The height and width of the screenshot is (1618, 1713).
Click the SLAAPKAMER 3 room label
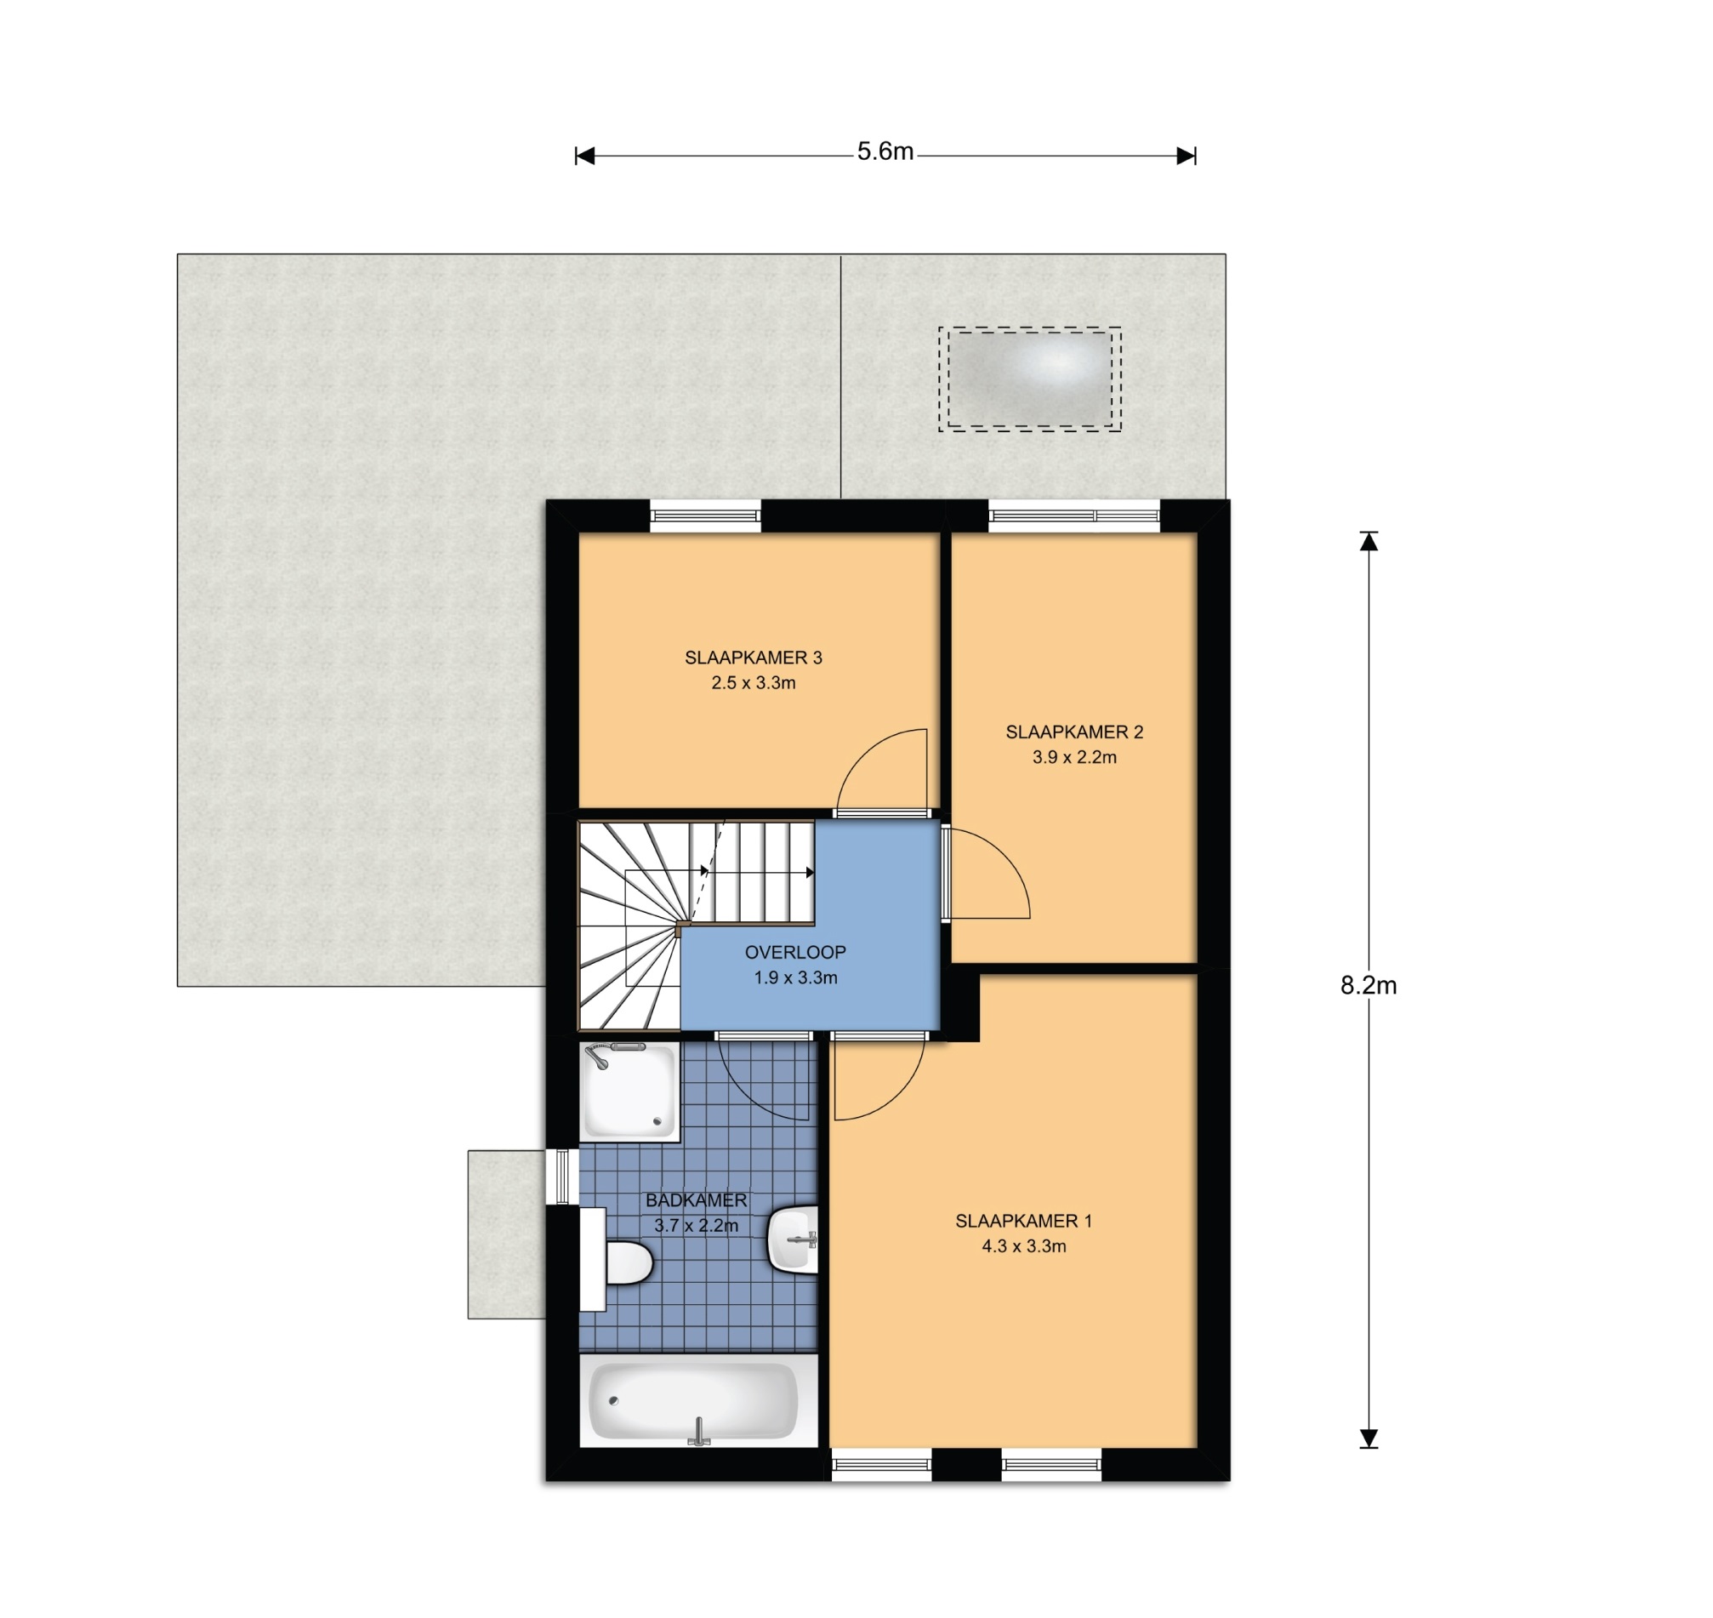(x=753, y=658)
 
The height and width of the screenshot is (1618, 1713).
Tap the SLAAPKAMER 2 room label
(x=1074, y=732)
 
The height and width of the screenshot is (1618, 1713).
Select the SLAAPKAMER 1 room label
(x=1023, y=1222)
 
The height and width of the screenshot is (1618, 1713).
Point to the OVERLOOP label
(x=795, y=952)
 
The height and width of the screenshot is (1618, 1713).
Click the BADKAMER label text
(x=696, y=1200)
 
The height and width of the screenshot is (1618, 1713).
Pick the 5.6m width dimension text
(x=885, y=151)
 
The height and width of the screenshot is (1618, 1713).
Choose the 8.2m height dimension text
(x=1368, y=985)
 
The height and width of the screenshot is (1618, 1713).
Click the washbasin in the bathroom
(x=792, y=1239)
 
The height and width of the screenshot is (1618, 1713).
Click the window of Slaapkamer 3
(x=705, y=516)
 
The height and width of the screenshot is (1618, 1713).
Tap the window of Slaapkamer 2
(x=1074, y=516)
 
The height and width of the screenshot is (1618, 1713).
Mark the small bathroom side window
(x=562, y=1176)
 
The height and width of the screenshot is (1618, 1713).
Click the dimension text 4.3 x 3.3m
(x=1023, y=1246)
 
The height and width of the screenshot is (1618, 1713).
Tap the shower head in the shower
(x=596, y=1057)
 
